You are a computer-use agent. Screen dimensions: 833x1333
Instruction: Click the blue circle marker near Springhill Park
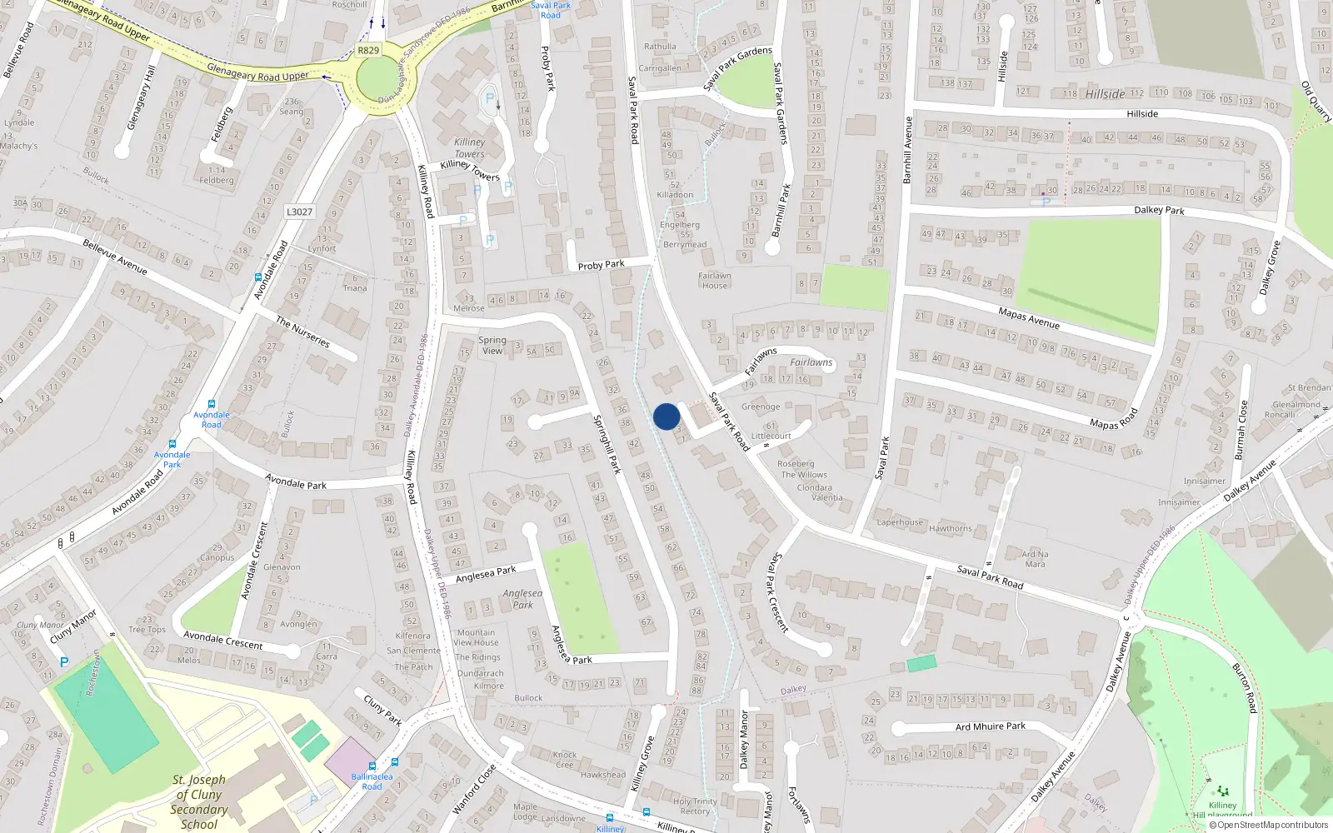point(666,416)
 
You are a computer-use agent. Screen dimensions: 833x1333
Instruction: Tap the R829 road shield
point(368,50)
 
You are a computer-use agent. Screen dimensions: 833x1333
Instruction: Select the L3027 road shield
point(299,212)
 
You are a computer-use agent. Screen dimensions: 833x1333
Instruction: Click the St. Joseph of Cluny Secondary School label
point(198,801)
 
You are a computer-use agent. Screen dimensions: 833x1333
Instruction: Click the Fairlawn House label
point(714,281)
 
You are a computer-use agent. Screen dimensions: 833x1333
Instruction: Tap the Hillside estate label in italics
point(1105,94)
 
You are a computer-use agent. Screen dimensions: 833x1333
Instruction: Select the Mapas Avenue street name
point(1029,317)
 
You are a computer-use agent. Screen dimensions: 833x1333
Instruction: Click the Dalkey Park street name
point(1159,210)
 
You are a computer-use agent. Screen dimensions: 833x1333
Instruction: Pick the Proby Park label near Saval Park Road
point(601,265)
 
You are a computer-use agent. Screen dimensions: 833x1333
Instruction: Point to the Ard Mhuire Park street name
point(990,726)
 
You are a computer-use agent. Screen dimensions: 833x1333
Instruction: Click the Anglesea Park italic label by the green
point(522,599)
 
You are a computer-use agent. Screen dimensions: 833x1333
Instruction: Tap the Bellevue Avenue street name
point(115,257)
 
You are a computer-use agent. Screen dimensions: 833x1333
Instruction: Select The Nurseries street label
point(302,332)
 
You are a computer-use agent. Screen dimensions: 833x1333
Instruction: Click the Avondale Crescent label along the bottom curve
point(222,640)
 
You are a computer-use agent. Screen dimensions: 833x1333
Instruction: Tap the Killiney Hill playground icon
point(1222,791)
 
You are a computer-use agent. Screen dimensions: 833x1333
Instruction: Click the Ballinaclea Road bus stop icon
point(372,766)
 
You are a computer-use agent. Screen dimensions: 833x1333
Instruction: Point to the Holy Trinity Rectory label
point(695,806)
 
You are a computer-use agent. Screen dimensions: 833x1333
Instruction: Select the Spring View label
point(492,345)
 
